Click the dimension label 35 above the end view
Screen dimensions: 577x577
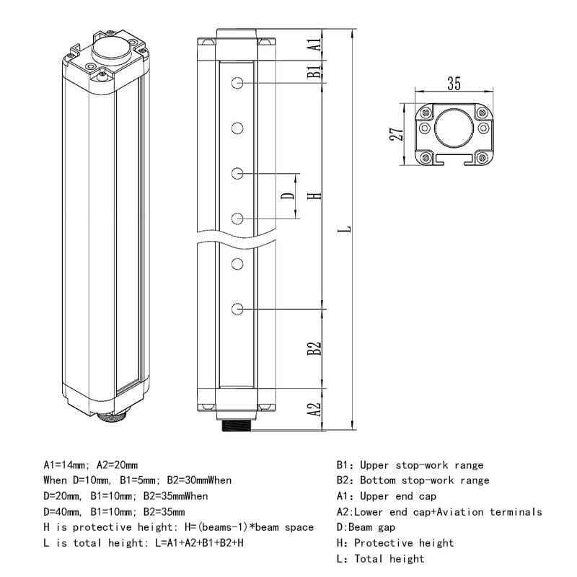pyautogui.click(x=453, y=84)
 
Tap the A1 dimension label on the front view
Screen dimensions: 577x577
pyautogui.click(x=314, y=44)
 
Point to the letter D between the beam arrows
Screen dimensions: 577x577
pyautogui.click(x=287, y=196)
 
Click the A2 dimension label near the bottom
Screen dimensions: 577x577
pyautogui.click(x=314, y=410)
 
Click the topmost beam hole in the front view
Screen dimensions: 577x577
pyautogui.click(x=237, y=84)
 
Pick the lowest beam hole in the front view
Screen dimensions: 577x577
pyautogui.click(x=237, y=309)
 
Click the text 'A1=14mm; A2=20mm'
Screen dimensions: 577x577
pyautogui.click(x=91, y=464)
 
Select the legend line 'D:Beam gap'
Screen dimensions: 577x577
pyautogui.click(x=366, y=527)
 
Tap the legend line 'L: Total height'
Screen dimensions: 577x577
pyautogui.click(x=381, y=559)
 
